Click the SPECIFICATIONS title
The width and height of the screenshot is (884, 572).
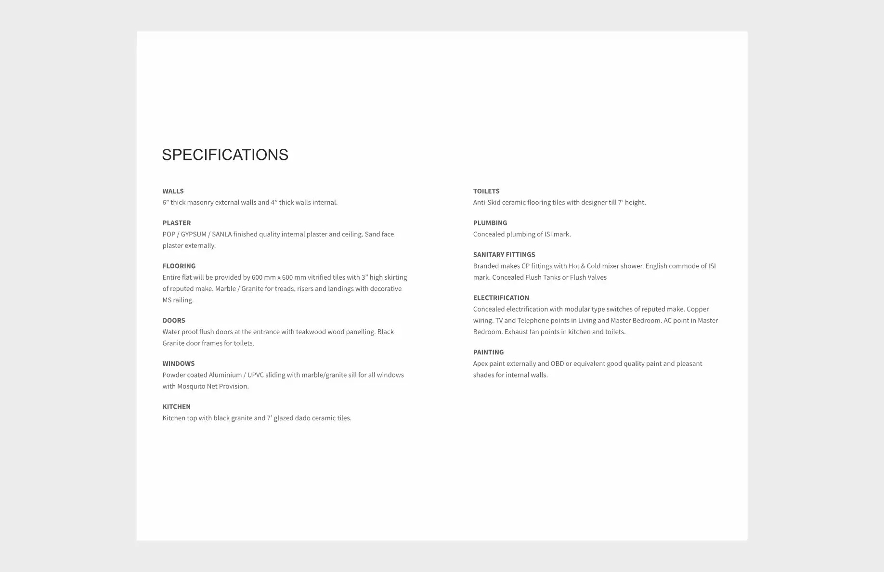click(225, 155)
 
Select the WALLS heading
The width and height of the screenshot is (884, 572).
click(173, 191)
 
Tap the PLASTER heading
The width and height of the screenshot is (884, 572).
click(176, 223)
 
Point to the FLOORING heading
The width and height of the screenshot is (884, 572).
click(179, 266)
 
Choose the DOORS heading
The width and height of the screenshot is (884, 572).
click(173, 320)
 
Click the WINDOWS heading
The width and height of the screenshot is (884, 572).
click(178, 364)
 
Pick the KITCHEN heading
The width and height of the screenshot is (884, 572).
click(176, 407)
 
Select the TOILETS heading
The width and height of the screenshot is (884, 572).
click(486, 191)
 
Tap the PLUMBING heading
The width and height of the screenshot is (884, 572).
click(490, 223)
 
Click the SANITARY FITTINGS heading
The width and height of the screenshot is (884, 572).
click(504, 255)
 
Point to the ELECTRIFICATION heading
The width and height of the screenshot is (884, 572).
click(501, 298)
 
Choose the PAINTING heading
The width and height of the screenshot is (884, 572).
click(488, 352)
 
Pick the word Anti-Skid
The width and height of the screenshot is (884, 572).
click(486, 203)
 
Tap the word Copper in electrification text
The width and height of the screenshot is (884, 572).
click(697, 309)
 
